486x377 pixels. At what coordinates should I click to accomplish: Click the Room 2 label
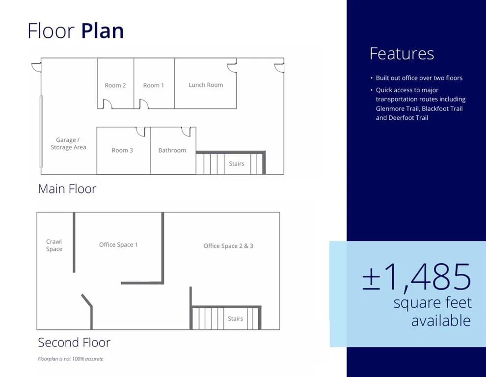115,85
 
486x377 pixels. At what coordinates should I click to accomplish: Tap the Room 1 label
154,85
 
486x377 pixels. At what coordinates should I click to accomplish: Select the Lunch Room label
206,84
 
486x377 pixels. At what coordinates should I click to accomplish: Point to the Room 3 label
122,150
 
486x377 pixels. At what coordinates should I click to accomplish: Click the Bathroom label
172,150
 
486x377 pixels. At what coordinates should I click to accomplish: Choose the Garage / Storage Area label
69,143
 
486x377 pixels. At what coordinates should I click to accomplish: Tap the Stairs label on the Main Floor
237,163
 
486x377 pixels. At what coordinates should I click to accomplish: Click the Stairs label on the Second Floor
235,319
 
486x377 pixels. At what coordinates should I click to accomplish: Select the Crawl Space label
54,245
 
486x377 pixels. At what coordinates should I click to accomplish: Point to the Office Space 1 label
118,244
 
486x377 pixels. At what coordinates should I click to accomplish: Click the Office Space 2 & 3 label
228,246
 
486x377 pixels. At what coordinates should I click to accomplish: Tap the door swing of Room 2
108,104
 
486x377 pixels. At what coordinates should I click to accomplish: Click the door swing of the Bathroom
186,132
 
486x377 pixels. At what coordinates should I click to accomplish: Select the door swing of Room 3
141,132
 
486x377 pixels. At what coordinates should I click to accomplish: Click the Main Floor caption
67,189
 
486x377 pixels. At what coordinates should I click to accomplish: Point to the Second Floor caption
74,342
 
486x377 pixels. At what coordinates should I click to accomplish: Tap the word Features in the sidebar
402,54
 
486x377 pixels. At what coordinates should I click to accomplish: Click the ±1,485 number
417,277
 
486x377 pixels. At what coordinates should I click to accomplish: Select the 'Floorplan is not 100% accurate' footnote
71,359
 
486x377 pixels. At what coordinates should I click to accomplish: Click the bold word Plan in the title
103,30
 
